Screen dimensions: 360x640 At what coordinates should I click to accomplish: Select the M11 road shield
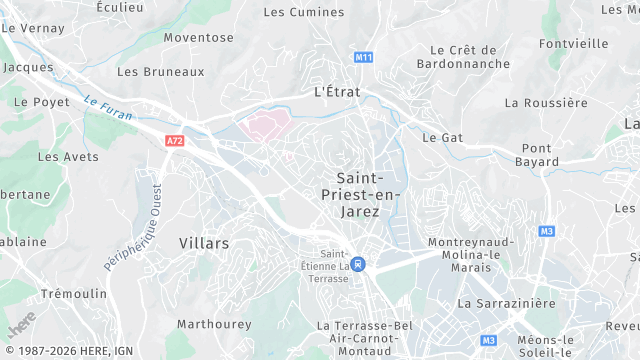click(x=364, y=57)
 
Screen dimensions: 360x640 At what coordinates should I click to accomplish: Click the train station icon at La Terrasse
click(x=359, y=265)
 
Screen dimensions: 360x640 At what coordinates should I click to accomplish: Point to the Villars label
click(x=204, y=244)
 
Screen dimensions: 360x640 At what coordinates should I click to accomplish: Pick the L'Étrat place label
click(x=339, y=90)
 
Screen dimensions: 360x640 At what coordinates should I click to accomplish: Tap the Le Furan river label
click(x=103, y=103)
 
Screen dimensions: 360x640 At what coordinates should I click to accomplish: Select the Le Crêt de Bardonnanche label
click(x=463, y=58)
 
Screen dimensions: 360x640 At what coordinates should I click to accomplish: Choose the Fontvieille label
click(x=573, y=44)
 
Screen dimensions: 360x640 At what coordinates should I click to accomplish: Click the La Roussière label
click(x=546, y=103)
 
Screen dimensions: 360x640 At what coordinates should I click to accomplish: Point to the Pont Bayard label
click(x=537, y=154)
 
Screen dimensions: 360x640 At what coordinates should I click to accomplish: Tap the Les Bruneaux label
click(x=160, y=72)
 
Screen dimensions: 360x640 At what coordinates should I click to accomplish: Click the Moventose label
click(x=198, y=38)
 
